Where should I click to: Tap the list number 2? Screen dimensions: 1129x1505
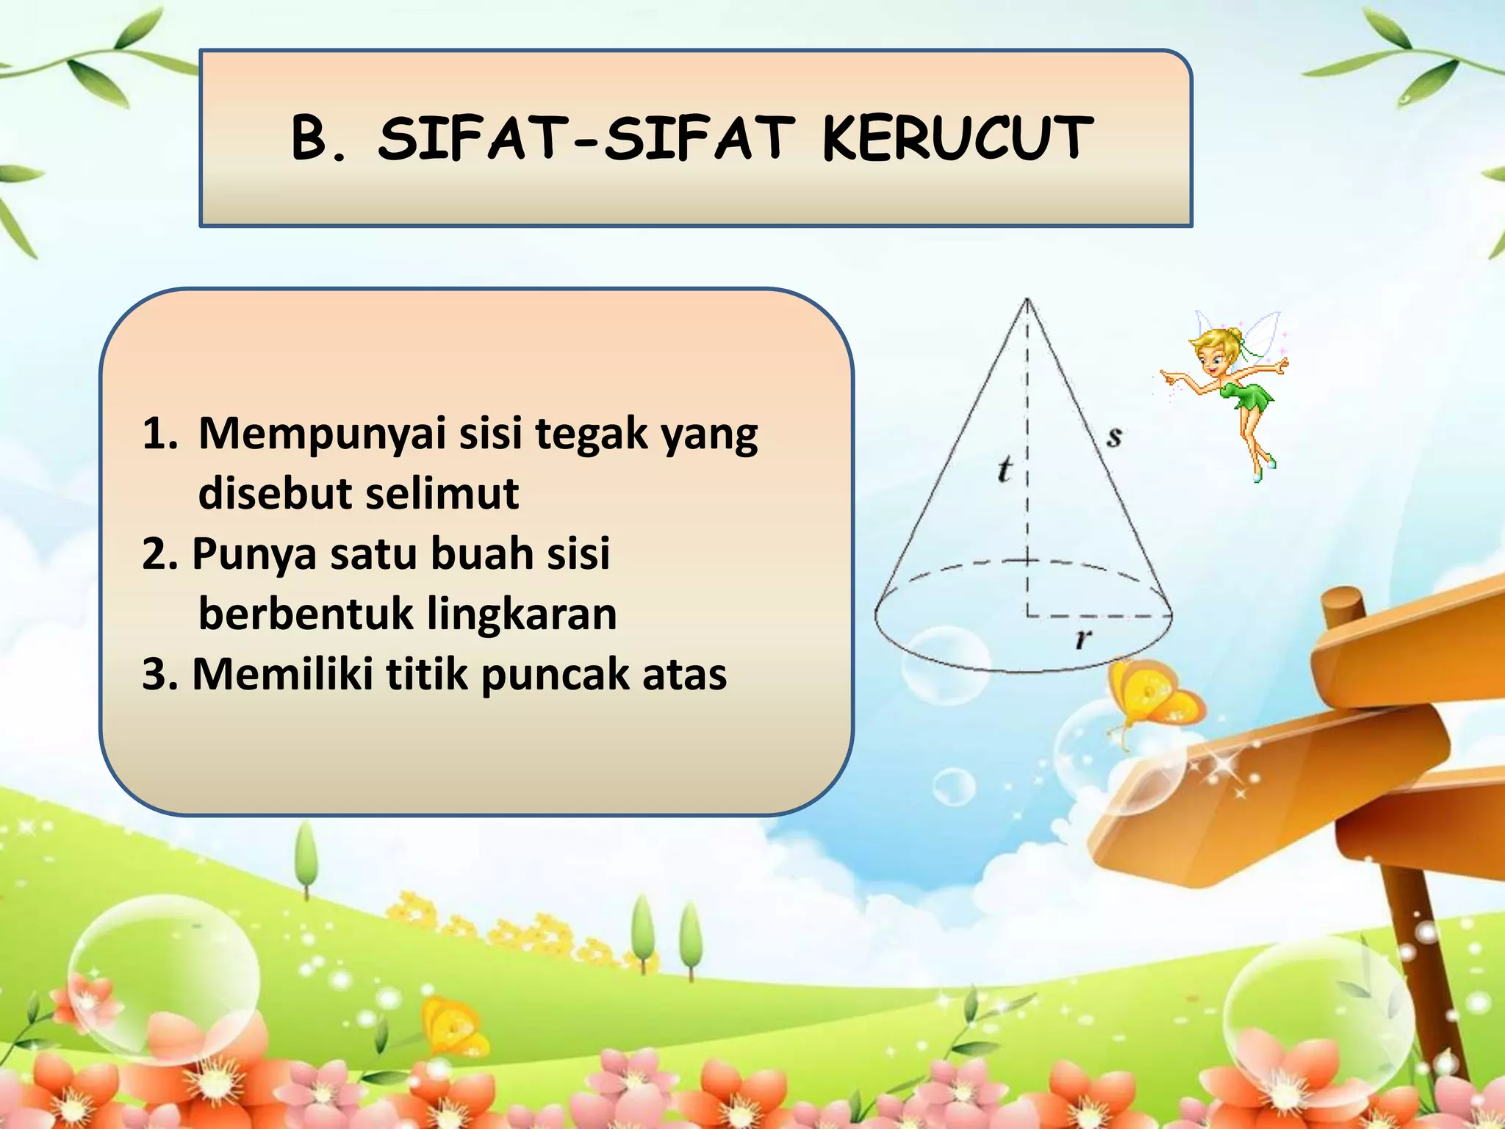(158, 553)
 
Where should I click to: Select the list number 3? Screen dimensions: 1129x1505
(158, 674)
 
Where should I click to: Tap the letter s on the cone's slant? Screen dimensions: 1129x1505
(1114, 437)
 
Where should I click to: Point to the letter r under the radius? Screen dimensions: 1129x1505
(1082, 639)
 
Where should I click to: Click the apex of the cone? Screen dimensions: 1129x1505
(1027, 299)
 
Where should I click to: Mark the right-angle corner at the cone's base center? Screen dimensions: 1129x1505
(1029, 614)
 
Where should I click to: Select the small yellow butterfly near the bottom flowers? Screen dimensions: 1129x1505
(456, 1025)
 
